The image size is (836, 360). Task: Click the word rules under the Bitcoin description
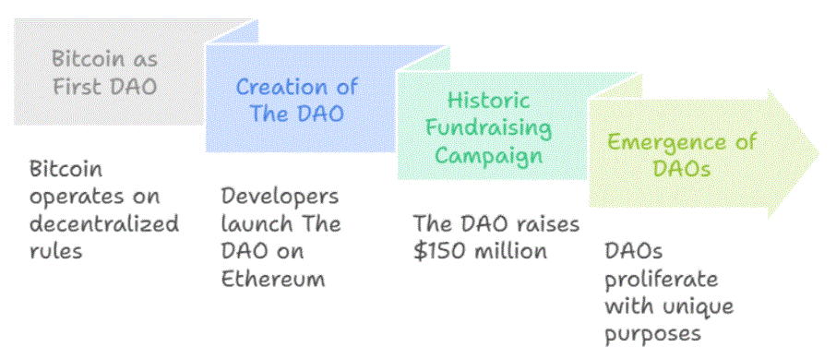pos(55,250)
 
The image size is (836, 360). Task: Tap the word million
pos(513,250)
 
